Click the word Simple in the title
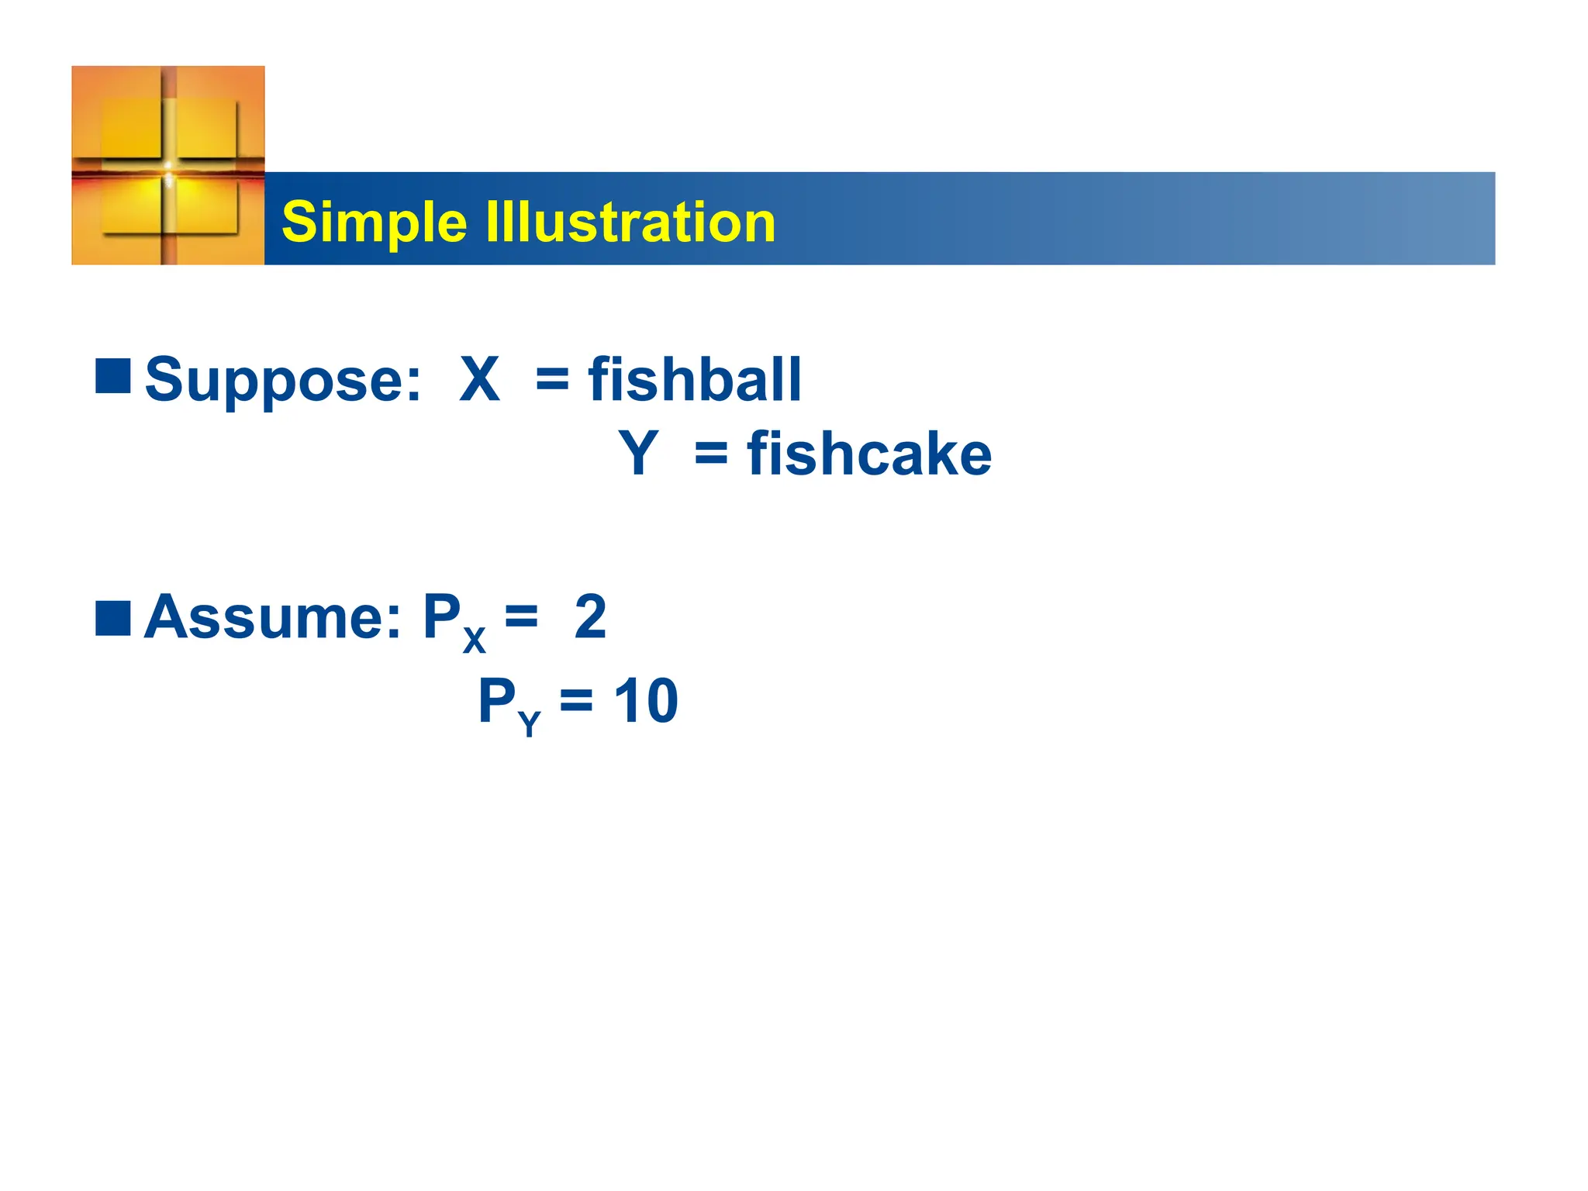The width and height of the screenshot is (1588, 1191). (x=374, y=223)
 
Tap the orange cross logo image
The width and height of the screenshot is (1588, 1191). (x=168, y=165)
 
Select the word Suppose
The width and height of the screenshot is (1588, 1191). (x=283, y=380)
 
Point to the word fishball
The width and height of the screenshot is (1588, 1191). (x=695, y=380)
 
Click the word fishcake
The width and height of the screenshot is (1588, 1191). (x=869, y=454)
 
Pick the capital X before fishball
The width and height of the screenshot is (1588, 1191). (x=479, y=380)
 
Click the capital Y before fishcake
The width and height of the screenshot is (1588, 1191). (x=638, y=454)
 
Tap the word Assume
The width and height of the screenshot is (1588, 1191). (x=273, y=617)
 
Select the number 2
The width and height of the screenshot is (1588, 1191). (x=590, y=617)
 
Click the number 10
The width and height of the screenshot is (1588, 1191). (x=646, y=701)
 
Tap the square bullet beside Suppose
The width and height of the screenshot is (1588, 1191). (x=113, y=377)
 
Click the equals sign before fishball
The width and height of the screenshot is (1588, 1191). (x=552, y=380)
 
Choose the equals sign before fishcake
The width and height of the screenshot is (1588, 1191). (x=711, y=454)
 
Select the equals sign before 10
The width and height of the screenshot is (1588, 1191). (x=576, y=701)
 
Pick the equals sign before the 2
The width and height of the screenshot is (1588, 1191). (x=521, y=617)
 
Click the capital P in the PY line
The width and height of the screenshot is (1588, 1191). (x=496, y=699)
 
